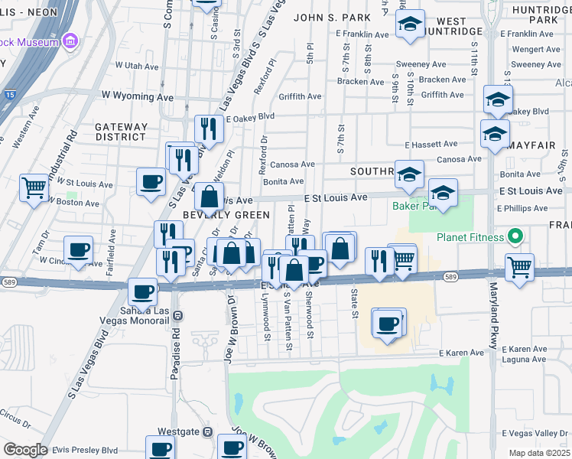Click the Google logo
click(x=25, y=450)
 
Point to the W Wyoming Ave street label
click(x=138, y=97)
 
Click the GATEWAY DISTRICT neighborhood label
click(x=121, y=132)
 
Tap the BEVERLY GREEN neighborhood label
click(x=227, y=215)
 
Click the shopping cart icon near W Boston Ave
click(x=34, y=187)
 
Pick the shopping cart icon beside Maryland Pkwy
click(x=519, y=268)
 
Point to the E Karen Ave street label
click(x=461, y=353)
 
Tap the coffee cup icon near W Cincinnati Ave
click(x=79, y=249)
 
